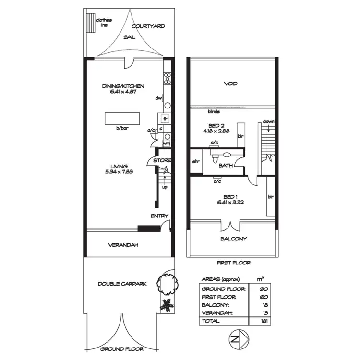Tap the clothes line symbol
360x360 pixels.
(x=90, y=22)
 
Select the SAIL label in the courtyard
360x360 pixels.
(x=129, y=37)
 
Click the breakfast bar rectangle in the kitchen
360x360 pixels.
(x=122, y=119)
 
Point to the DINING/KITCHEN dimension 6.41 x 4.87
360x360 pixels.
(x=123, y=92)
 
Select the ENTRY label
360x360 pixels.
(x=159, y=216)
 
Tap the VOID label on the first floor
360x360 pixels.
(x=231, y=84)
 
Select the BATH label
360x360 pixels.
(x=226, y=165)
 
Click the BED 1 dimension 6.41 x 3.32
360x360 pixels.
(x=230, y=203)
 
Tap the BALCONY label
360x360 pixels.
(x=234, y=239)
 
